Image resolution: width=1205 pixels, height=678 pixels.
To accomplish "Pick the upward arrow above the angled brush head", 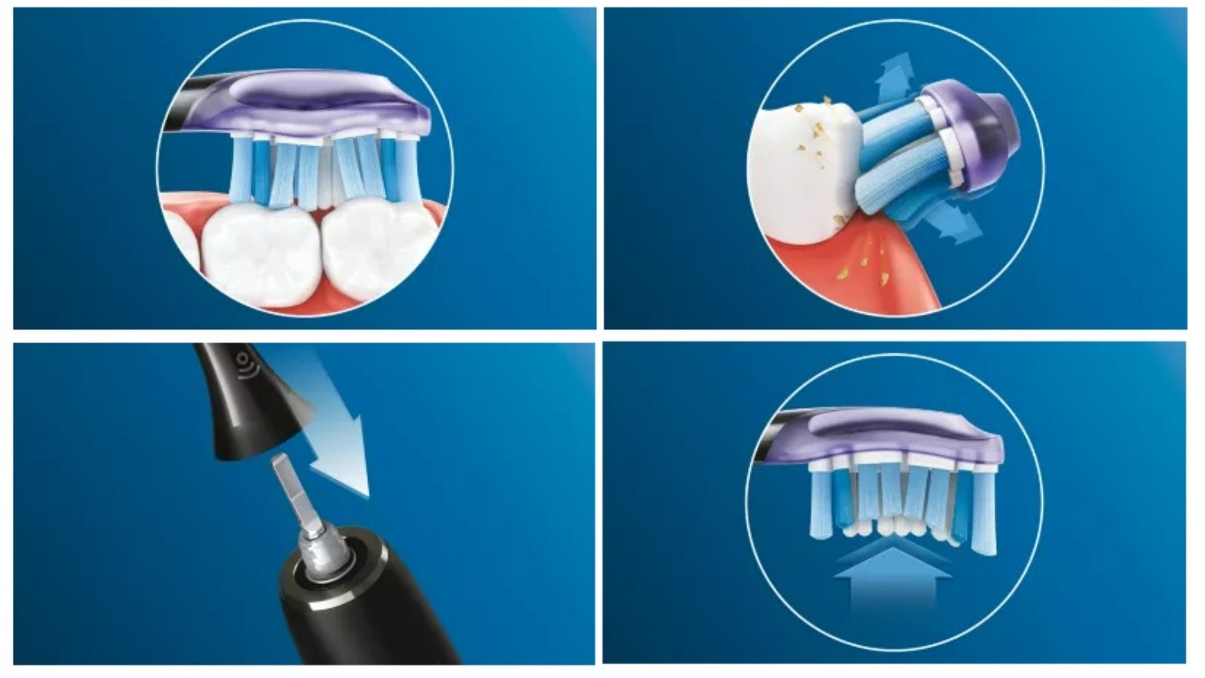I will tap(894, 76).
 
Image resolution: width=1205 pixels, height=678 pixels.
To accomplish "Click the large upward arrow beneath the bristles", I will tap(892, 574).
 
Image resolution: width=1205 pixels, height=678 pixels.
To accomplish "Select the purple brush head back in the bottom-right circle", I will tap(900, 434).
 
